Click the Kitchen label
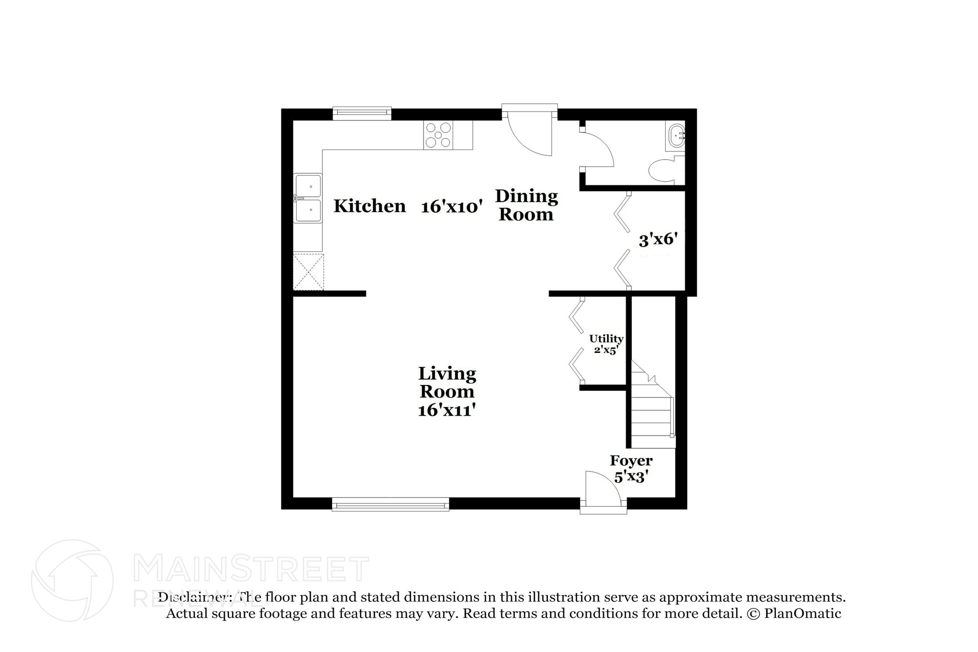pos(370,206)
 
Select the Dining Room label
pos(526,205)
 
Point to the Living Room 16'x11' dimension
pos(446,410)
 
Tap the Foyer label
pos(631,461)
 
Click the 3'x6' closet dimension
pos(659,239)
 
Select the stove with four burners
pos(438,135)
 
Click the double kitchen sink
pos(308,198)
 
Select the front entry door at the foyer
pos(603,492)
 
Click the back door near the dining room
pos(529,131)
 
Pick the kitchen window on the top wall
pos(362,113)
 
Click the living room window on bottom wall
pos(390,504)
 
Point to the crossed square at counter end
pos(308,272)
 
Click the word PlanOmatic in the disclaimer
pos(802,613)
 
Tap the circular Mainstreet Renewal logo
pos(72,581)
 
